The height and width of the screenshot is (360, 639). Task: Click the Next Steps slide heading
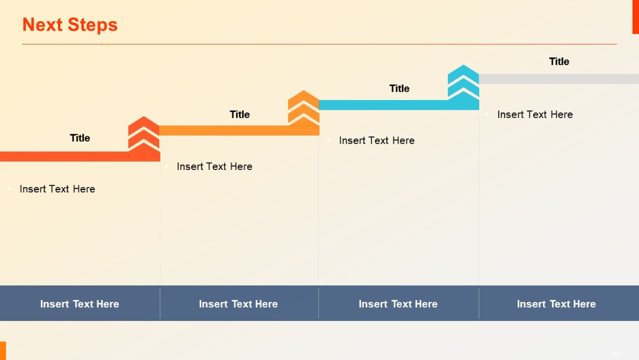(x=70, y=25)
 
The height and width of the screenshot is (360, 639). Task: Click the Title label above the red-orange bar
(x=80, y=138)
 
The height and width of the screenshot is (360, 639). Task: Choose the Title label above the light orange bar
(x=240, y=114)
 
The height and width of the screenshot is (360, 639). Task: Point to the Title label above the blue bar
(x=399, y=88)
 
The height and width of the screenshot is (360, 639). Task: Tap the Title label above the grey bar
(x=559, y=62)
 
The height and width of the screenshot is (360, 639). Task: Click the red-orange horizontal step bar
(x=65, y=156)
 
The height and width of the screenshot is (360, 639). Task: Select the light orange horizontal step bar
(x=225, y=130)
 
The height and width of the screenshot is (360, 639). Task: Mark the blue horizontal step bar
(x=385, y=105)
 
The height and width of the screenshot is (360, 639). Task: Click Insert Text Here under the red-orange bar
(x=57, y=189)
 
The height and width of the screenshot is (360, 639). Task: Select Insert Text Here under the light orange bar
(x=214, y=166)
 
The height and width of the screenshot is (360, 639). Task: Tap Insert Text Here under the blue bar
(x=377, y=140)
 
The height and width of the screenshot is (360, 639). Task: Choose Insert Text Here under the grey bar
(x=535, y=114)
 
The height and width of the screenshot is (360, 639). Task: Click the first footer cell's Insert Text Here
(x=80, y=304)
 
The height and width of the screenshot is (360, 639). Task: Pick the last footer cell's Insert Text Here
(x=556, y=304)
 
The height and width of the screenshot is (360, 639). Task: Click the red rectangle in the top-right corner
(x=635, y=17)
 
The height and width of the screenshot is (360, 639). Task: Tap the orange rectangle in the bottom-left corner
(x=3, y=351)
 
